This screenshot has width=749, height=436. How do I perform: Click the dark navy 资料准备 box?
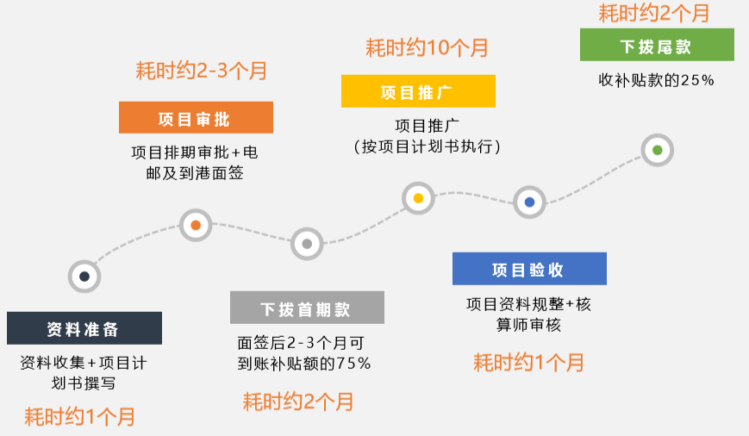pos(84,328)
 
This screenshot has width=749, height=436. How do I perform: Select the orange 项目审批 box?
pos(196,117)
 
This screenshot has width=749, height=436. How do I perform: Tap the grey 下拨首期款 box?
pos(307,308)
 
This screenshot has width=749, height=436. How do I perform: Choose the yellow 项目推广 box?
pos(418,91)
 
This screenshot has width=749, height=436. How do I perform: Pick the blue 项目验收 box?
pos(529,269)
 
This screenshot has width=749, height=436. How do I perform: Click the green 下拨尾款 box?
pos(657,45)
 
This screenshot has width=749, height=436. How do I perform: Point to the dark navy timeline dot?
pos(84,277)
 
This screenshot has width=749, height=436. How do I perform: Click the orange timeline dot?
pos(196,225)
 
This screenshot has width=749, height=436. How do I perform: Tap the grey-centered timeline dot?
pos(307,244)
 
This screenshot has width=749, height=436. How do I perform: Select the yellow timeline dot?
pos(418,198)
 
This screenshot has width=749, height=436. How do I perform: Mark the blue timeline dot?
pos(529,202)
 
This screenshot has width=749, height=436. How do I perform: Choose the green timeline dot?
pos(658,150)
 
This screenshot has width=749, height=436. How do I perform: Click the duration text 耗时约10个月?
pos(427,48)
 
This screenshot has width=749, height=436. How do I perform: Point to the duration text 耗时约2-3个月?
pos(201,72)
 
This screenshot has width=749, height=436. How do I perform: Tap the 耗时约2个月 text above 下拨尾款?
pos(654,13)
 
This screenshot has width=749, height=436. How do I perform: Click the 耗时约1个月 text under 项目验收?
pos(529,363)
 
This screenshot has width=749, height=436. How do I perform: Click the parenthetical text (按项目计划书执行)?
pos(427,146)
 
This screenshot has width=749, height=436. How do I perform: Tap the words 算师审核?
pos(529,325)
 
